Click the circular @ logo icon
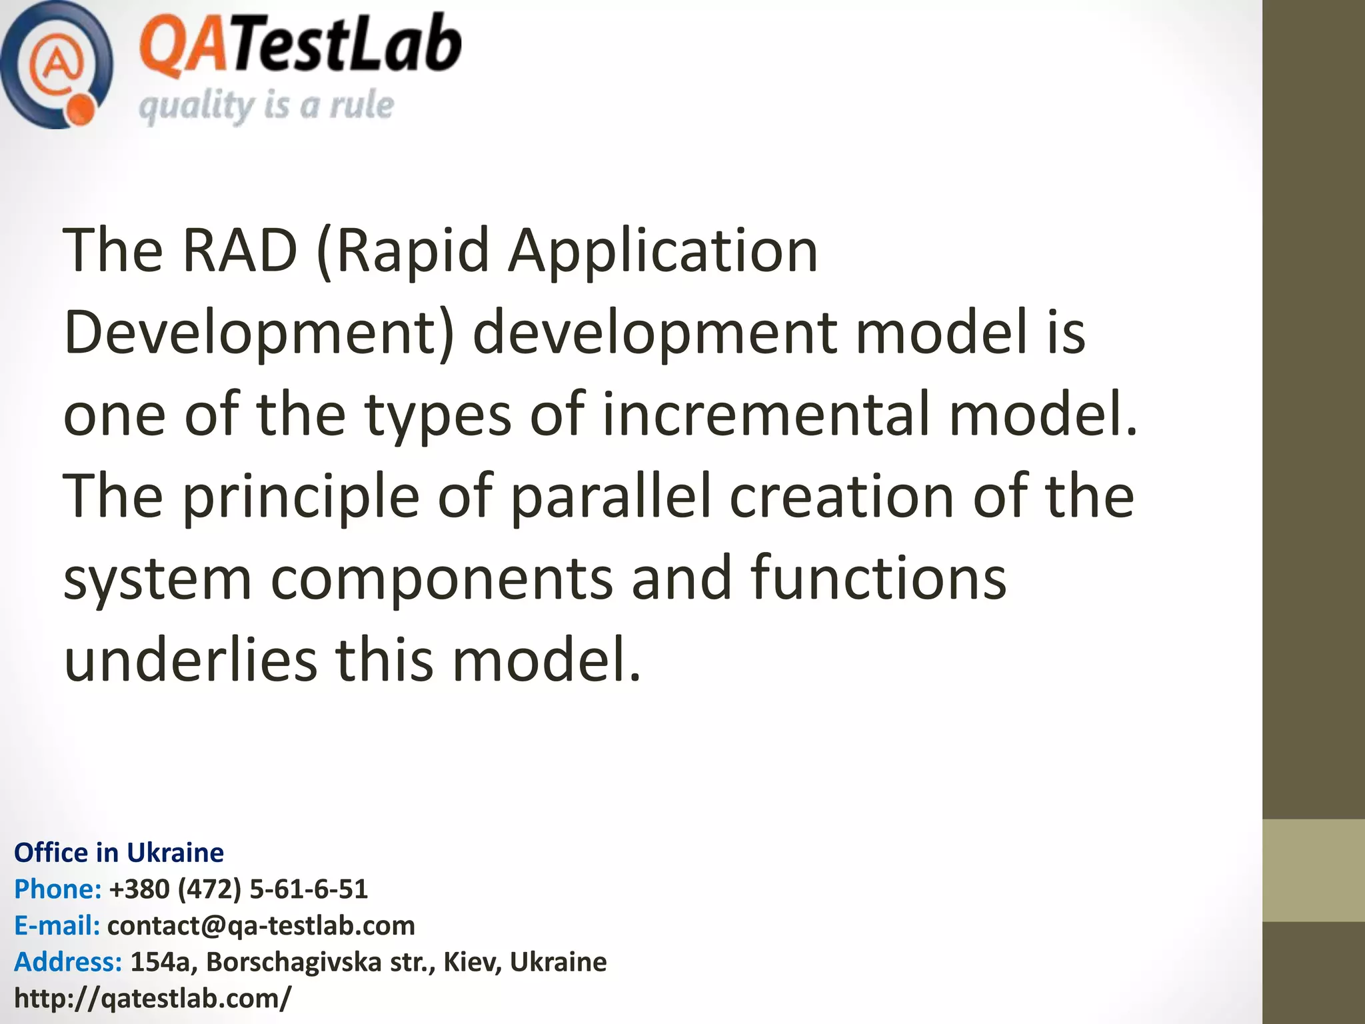56,65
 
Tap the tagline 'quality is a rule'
266,106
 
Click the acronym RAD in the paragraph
239,251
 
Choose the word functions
878,577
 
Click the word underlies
191,660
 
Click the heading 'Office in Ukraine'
119,853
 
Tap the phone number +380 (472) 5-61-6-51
238,889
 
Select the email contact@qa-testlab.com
261,925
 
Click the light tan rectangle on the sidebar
1313,871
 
